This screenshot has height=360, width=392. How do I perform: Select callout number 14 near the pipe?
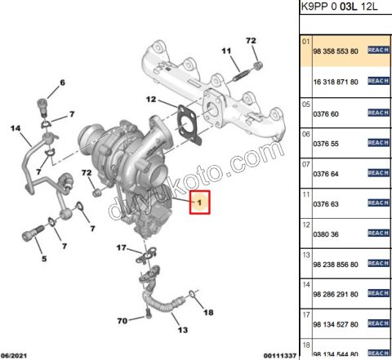pyautogui.click(x=15, y=128)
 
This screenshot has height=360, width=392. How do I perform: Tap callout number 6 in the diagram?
pyautogui.click(x=60, y=82)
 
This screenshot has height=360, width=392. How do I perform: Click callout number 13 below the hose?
pyautogui.click(x=181, y=330)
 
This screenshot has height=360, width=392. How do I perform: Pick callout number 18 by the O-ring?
pyautogui.click(x=207, y=312)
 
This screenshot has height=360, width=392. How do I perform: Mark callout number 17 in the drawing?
pyautogui.click(x=121, y=247)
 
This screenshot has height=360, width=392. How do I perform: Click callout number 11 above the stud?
pyautogui.click(x=225, y=52)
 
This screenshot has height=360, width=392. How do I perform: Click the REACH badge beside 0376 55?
pyautogui.click(x=377, y=143)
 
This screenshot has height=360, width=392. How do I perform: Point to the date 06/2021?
pyautogui.click(x=18, y=354)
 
